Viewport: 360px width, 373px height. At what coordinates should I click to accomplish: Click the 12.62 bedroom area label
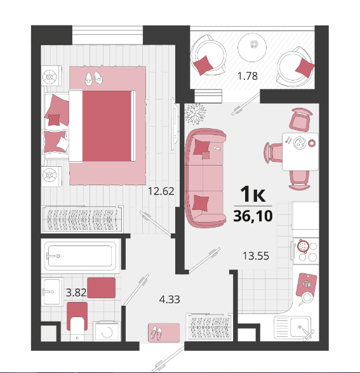click(x=161, y=192)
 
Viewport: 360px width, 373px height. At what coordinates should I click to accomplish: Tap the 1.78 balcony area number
click(x=248, y=76)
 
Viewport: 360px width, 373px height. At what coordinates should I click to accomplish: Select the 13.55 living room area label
click(x=256, y=256)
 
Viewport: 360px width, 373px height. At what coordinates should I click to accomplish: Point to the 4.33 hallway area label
click(x=170, y=299)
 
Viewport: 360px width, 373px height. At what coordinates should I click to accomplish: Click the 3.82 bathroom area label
click(x=76, y=292)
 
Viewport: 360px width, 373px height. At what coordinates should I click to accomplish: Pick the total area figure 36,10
click(x=253, y=216)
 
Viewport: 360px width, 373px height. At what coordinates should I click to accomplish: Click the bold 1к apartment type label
click(x=253, y=194)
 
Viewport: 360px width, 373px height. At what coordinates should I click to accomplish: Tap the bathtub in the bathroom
click(x=81, y=256)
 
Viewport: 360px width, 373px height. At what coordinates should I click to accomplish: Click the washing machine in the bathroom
click(x=107, y=331)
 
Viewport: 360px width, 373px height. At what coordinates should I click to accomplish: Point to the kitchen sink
click(x=294, y=328)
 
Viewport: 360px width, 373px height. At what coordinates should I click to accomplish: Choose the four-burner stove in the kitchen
click(x=307, y=251)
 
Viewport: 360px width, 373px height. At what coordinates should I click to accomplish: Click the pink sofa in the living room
click(x=205, y=178)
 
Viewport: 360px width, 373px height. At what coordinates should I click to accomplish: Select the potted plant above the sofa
click(x=195, y=114)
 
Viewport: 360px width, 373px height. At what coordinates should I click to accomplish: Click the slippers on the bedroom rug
click(x=94, y=78)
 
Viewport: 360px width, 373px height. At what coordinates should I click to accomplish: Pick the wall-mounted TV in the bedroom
click(x=175, y=124)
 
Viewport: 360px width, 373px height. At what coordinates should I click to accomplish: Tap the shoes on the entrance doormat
click(x=156, y=333)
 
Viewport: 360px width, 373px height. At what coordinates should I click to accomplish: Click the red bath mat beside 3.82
click(x=101, y=287)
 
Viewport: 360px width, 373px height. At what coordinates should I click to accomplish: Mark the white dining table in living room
click(x=300, y=152)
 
